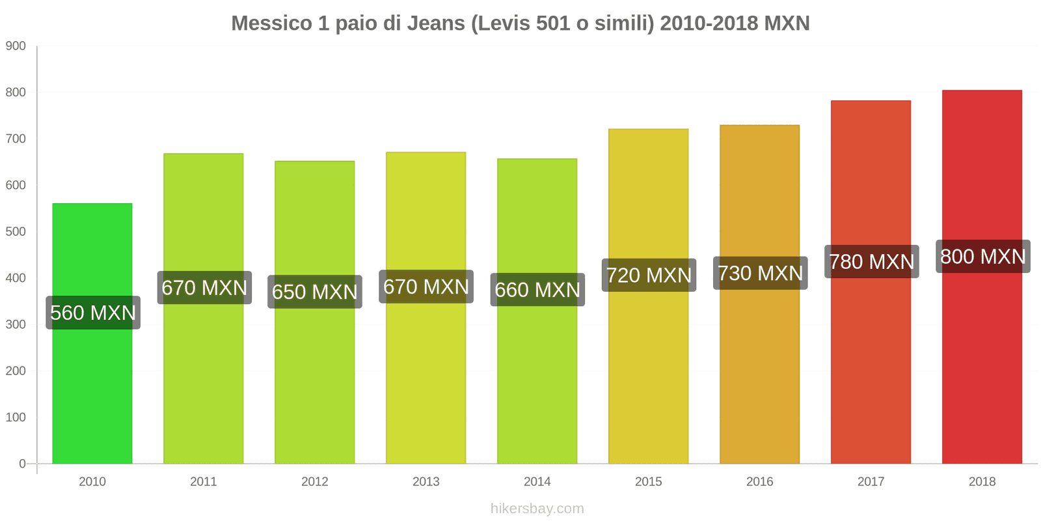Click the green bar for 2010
(x=92, y=391)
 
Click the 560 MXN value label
(x=93, y=313)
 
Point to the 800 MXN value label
(x=982, y=257)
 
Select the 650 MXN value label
(x=315, y=292)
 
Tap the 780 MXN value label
(x=871, y=262)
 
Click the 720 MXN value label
(x=649, y=275)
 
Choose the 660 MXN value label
(x=537, y=290)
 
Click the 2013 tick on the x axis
(x=426, y=482)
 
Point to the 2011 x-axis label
(x=204, y=482)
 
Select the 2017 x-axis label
(x=871, y=482)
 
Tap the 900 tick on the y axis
(x=16, y=46)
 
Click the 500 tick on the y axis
(x=16, y=232)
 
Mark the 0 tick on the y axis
(x=22, y=464)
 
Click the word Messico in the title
(x=271, y=23)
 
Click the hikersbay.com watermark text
(x=537, y=509)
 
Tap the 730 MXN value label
(x=760, y=274)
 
